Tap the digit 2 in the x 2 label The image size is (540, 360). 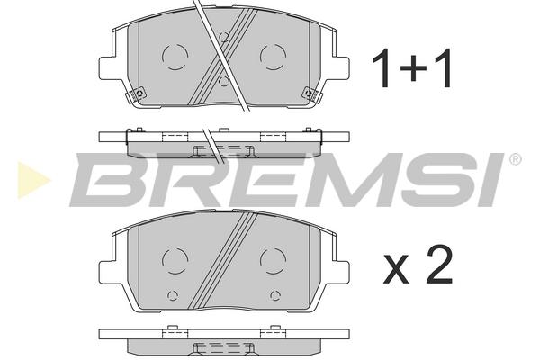(439, 265)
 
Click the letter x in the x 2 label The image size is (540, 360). (396, 270)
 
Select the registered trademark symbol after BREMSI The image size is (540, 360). (515, 159)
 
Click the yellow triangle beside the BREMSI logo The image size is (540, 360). (32, 180)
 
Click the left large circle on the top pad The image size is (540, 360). (175, 58)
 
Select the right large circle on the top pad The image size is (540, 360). (273, 58)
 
